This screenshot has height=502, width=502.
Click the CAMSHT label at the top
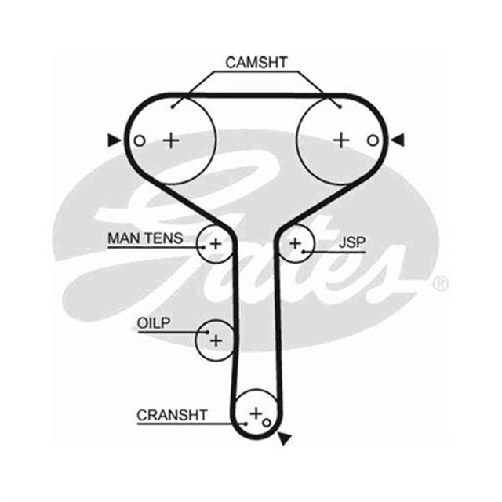(x=256, y=61)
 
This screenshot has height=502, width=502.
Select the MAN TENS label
(x=144, y=237)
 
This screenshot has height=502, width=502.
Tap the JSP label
(x=352, y=243)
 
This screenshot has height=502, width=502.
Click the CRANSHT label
(x=172, y=415)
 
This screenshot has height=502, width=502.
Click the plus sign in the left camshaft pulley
(x=171, y=140)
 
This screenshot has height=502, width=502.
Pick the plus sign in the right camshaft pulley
(x=341, y=140)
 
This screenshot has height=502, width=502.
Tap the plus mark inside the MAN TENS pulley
(x=216, y=244)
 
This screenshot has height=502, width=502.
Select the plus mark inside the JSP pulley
(x=295, y=244)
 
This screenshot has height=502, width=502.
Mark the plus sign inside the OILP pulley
(x=216, y=340)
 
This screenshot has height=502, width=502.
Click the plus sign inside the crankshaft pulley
(x=255, y=412)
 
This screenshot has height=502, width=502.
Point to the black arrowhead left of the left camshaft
(x=115, y=140)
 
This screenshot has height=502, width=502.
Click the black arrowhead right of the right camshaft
(x=398, y=140)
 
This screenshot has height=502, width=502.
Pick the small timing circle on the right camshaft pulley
(x=373, y=140)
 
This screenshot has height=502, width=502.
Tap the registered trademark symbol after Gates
(x=441, y=282)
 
